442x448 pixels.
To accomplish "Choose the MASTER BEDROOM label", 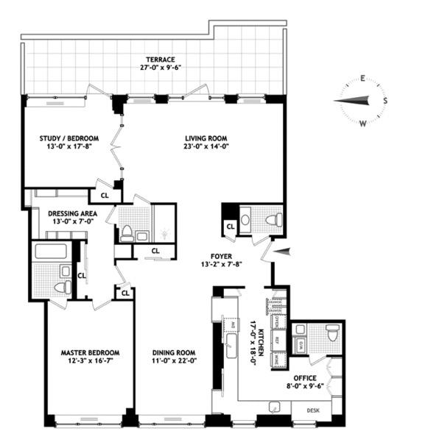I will tap(90, 352).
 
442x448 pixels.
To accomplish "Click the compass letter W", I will tap(363, 124).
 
